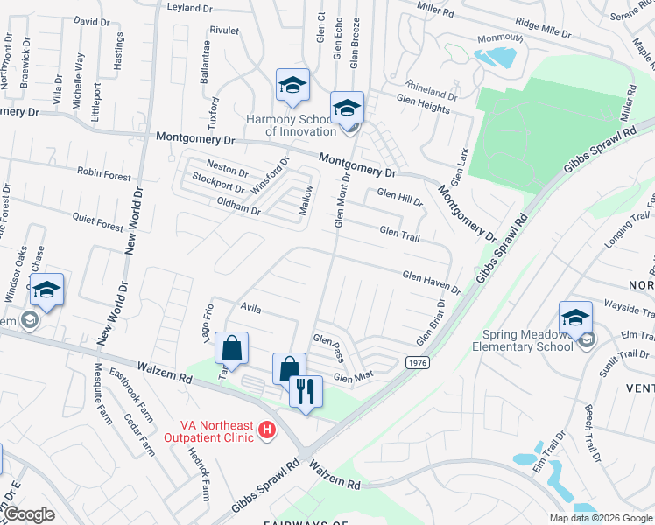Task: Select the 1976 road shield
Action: tap(416, 362)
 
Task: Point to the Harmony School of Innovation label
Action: tap(289, 125)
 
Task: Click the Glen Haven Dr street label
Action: tap(431, 282)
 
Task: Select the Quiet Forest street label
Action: tap(98, 225)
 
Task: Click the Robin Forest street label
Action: tap(103, 174)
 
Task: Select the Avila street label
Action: tap(250, 308)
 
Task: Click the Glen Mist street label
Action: tap(353, 377)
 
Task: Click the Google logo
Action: tap(28, 514)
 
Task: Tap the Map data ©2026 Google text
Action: tap(600, 518)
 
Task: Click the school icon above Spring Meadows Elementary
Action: tap(575, 318)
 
